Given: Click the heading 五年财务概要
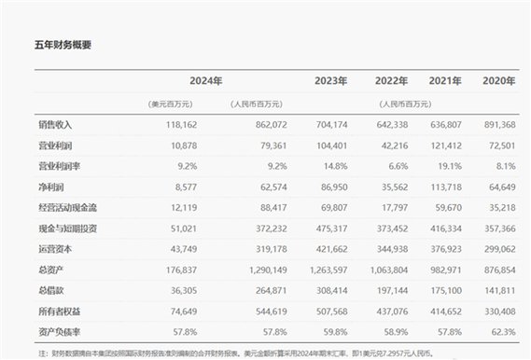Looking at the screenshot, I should [63, 45].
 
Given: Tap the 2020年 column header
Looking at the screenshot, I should [499, 81].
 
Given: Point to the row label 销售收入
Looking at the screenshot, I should [55, 124].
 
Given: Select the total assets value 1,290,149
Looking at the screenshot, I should [264, 269].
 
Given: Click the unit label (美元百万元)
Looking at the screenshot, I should [169, 103].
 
